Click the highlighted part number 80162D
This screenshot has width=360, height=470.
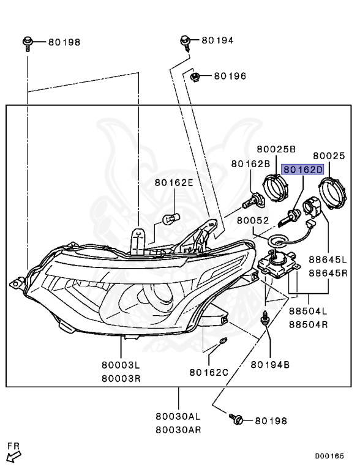click(302, 170)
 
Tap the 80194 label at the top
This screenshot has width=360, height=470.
click(217, 40)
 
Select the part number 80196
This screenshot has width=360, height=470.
click(230, 76)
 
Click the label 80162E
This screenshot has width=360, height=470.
click(174, 182)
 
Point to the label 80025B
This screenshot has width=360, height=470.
click(276, 149)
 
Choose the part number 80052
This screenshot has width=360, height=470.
click(253, 220)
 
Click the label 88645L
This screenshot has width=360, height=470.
click(328, 259)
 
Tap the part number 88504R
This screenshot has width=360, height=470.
click(309, 324)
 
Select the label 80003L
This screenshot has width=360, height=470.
click(121, 365)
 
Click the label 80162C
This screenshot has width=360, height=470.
click(209, 373)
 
